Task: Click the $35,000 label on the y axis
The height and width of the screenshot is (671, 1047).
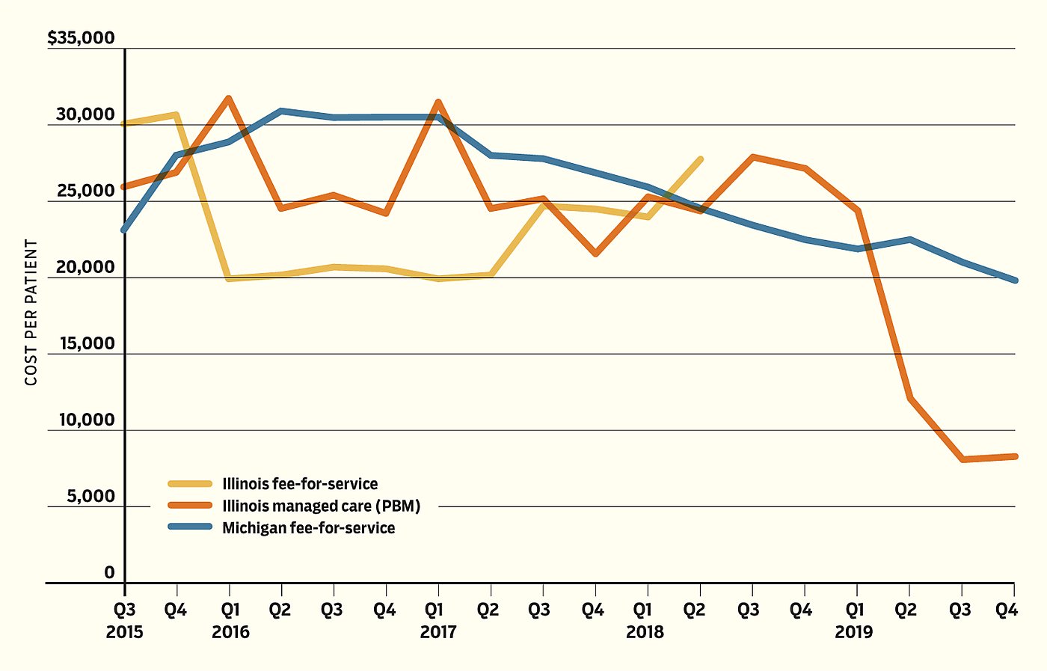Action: [x=81, y=38]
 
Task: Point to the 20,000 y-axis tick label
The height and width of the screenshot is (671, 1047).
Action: [x=85, y=267]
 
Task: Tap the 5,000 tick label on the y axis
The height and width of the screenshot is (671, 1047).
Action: [x=90, y=496]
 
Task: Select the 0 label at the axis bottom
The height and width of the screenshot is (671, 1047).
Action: [x=109, y=572]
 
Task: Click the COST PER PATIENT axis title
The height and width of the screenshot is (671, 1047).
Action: [x=31, y=313]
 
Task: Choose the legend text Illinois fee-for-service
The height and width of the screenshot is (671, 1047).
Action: [x=300, y=484]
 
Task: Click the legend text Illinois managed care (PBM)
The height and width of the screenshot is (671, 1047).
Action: [x=322, y=506]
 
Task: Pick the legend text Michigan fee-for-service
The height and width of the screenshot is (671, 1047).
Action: [x=308, y=527]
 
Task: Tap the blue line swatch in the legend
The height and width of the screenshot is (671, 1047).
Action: [x=190, y=527]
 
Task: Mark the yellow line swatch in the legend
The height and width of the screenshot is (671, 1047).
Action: [x=190, y=484]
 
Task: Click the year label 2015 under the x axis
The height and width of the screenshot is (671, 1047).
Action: [x=125, y=632]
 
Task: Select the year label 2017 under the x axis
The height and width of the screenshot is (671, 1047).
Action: [x=438, y=632]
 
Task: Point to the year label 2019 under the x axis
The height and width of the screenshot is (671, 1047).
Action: [x=854, y=632]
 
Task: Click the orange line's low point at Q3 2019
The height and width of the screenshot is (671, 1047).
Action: [x=962, y=459]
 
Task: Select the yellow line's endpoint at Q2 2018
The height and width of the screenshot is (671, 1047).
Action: [x=700, y=159]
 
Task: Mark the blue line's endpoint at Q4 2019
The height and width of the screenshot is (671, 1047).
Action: [x=1014, y=281]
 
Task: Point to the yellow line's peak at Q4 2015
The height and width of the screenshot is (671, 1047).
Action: [x=176, y=115]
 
